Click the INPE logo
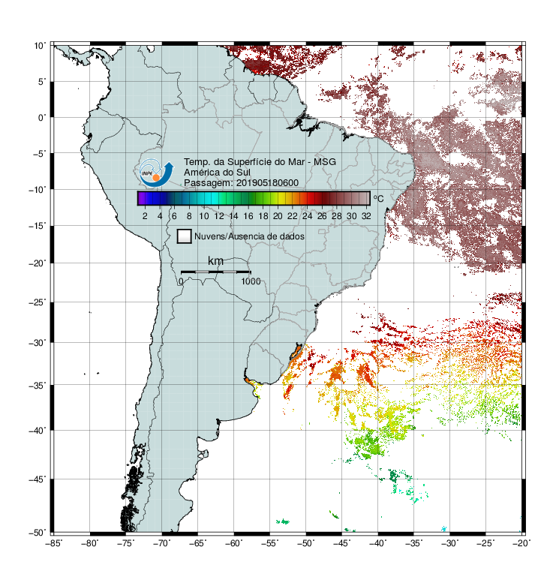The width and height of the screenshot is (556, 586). (156, 173)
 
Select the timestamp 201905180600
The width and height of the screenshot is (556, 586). (267, 183)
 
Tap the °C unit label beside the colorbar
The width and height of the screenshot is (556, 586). (378, 198)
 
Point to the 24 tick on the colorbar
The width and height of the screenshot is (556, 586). (307, 216)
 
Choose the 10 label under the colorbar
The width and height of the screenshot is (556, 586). (203, 216)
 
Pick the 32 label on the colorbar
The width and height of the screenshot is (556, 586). (366, 216)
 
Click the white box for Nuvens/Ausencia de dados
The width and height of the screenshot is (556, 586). (185, 236)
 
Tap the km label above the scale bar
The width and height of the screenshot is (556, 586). (215, 260)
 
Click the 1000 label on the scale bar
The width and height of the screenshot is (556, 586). (251, 281)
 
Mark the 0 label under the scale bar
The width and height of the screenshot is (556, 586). (181, 281)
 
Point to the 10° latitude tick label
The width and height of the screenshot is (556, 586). (40, 46)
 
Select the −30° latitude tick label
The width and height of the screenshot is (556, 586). (38, 342)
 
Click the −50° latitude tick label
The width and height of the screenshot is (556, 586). (38, 532)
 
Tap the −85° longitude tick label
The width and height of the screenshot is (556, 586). (53, 543)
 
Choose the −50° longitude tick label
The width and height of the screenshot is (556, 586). (305, 543)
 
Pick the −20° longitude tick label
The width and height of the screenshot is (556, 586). (521, 543)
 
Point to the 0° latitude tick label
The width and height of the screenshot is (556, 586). (42, 118)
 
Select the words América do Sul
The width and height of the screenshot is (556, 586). (217, 173)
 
